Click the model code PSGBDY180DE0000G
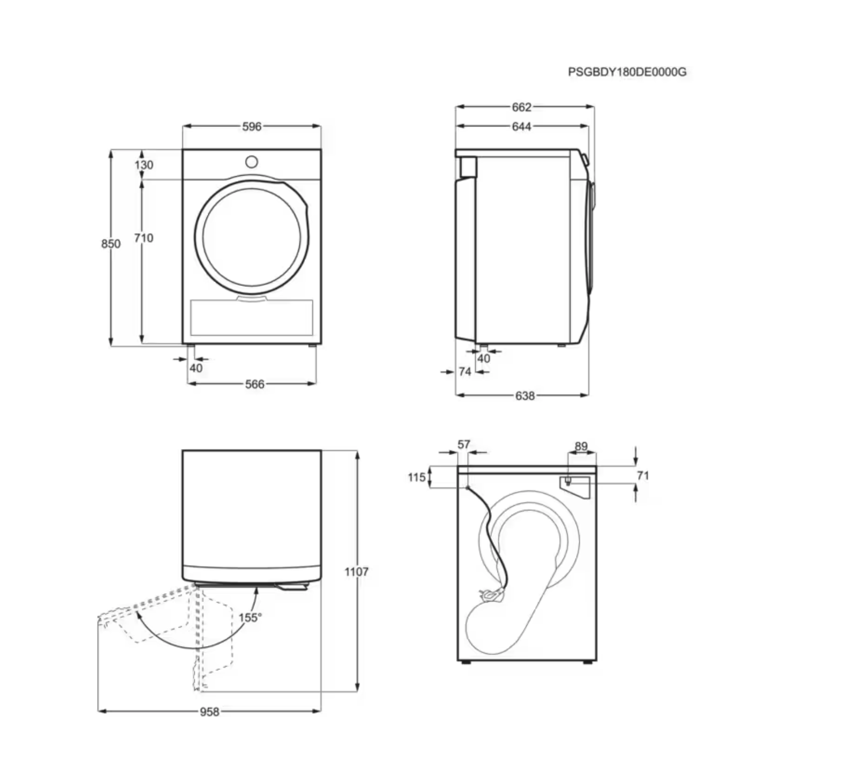pos(627,72)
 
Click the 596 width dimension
pos(252,126)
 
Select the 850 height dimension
pos(111,244)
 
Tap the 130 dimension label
pos(144,164)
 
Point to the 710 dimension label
pos(144,238)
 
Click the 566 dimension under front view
pos(254,384)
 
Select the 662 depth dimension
pos(521,107)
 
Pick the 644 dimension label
pos(521,126)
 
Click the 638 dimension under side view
pos(525,395)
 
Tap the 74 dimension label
pos(464,372)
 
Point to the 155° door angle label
pos(250,617)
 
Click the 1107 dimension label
pos(356,571)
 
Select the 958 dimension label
pos(209,711)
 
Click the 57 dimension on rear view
pos(464,444)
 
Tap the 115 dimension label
pos(417,477)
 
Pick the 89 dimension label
pos(581,446)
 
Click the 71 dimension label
pos(643,476)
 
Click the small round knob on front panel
pos(252,162)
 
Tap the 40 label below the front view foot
pos(196,368)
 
